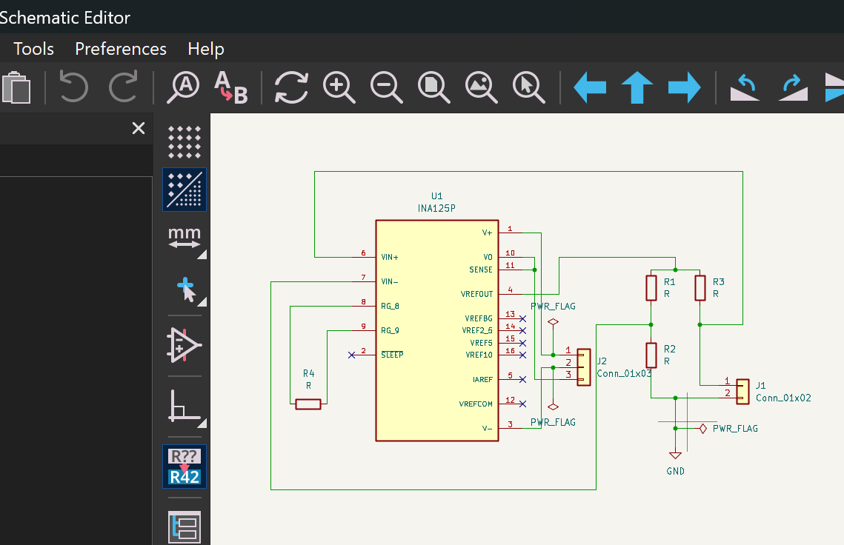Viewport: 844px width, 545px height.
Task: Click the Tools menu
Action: [33, 49]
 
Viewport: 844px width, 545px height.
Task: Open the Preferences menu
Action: [121, 49]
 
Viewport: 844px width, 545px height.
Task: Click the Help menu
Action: [205, 50]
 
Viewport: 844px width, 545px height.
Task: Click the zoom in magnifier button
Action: [339, 87]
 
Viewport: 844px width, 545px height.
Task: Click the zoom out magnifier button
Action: [387, 87]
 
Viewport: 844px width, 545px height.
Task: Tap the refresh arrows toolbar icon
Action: [291, 87]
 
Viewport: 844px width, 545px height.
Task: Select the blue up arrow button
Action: [637, 87]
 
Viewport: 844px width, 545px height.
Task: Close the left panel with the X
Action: [139, 128]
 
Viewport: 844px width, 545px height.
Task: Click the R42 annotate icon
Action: [185, 467]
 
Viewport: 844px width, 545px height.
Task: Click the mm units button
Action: [185, 238]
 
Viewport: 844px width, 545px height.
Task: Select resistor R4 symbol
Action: [308, 404]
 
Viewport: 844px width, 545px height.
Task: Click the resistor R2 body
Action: [651, 355]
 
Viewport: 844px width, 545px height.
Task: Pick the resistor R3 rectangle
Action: [700, 288]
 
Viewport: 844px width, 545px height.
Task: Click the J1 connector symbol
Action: [742, 392]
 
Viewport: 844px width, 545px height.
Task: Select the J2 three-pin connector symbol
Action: [583, 367]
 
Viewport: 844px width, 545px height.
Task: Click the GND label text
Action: [676, 471]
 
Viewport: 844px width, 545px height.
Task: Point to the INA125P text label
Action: [436, 208]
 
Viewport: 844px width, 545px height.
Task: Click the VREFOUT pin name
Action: [476, 294]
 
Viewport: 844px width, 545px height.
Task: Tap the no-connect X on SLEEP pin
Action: [351, 355]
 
